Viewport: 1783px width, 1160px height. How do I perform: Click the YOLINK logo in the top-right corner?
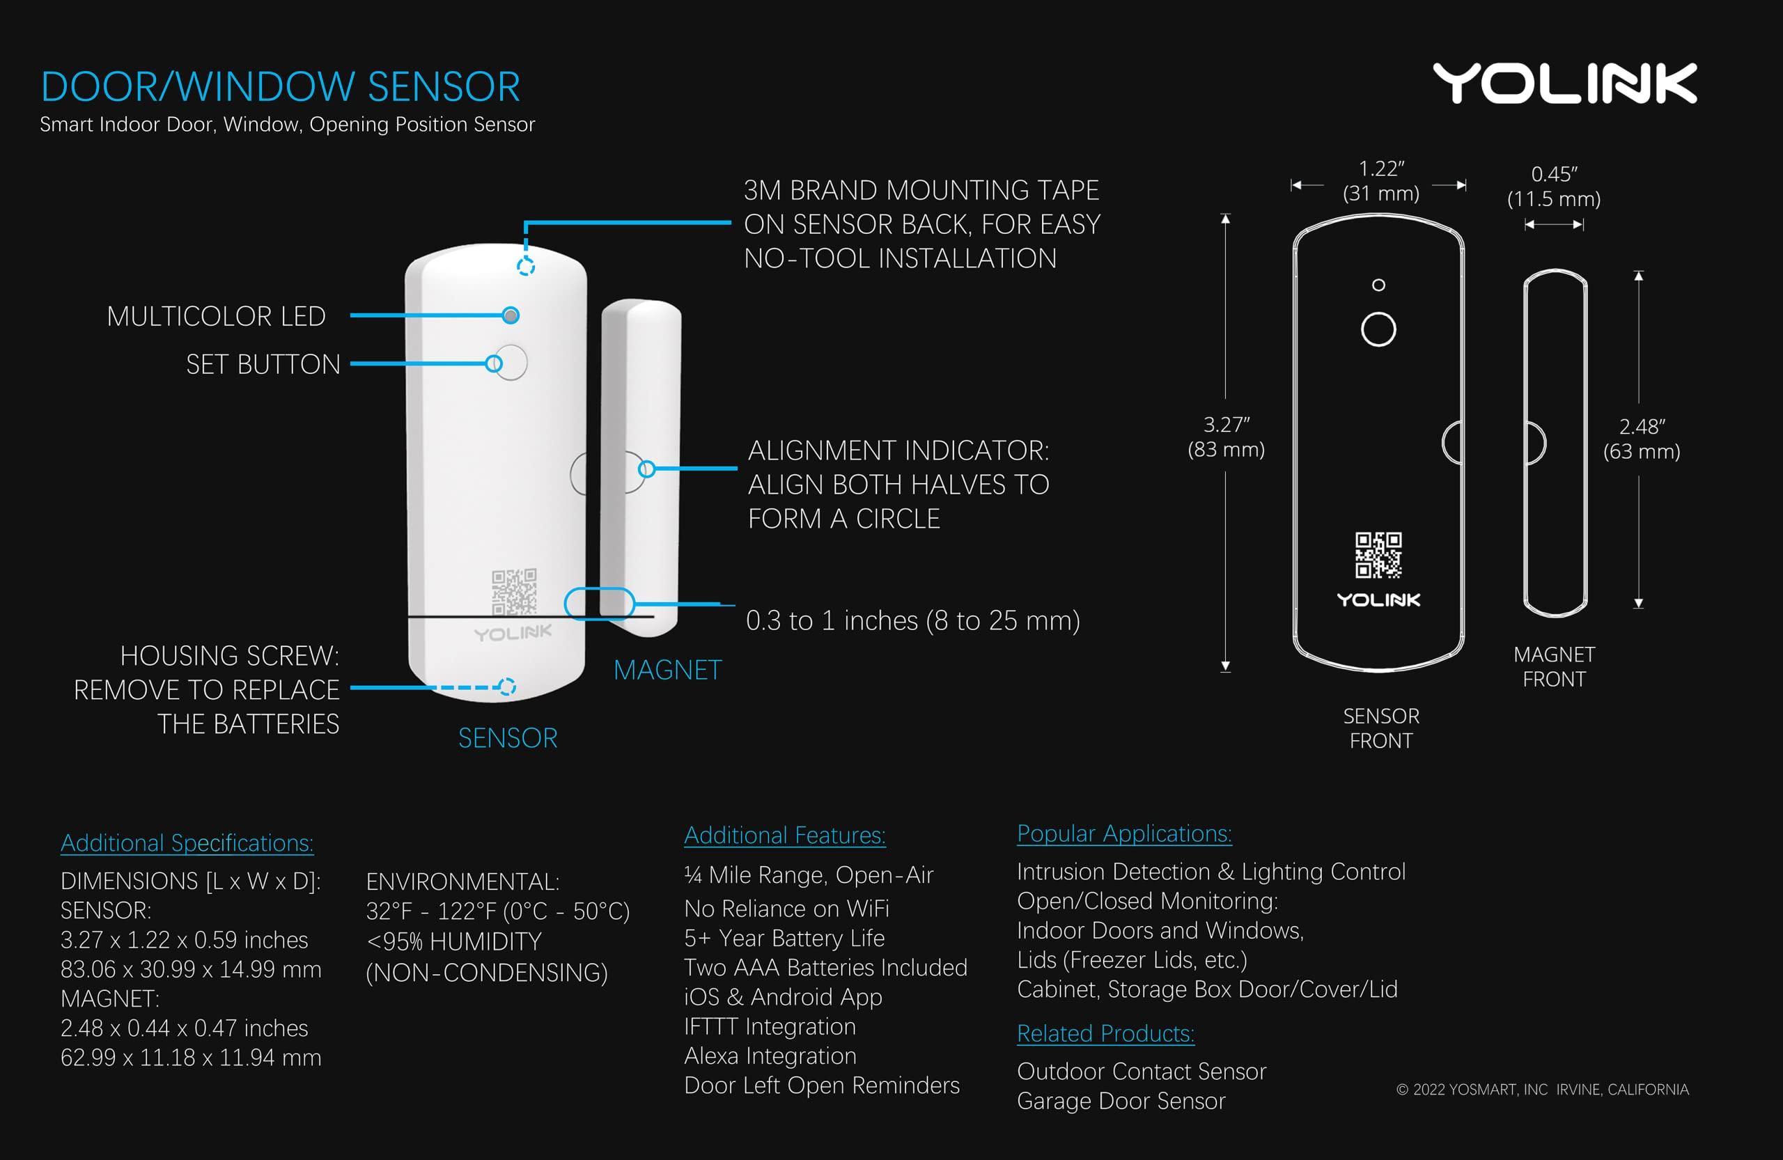point(1564,83)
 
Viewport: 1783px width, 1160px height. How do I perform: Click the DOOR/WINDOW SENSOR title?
point(280,87)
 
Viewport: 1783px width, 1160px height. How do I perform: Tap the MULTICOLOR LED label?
point(216,316)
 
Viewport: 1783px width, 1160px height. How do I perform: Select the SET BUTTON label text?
point(263,365)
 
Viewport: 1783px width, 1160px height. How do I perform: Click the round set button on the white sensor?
point(512,363)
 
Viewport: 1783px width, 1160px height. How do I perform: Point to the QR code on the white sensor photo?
point(514,591)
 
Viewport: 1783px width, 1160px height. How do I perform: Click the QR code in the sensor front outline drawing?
point(1378,555)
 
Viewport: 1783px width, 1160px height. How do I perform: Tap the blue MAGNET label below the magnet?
point(667,670)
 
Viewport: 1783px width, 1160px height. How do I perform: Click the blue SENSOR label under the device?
point(508,738)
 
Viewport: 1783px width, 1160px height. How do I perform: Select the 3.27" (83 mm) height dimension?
point(1227,437)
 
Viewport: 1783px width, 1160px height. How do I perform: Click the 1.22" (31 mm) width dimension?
point(1380,181)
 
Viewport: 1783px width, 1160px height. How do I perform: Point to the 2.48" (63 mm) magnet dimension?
point(1642,439)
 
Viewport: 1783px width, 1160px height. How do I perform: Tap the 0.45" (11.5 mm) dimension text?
point(1554,187)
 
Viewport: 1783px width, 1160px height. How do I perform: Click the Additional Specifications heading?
point(187,843)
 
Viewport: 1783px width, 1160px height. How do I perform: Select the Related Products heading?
point(1105,1033)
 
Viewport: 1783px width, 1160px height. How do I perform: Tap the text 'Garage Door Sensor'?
point(1121,1101)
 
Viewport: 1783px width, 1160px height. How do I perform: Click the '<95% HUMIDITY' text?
point(453,941)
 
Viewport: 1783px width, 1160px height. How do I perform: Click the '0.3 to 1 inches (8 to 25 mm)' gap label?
point(912,621)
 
